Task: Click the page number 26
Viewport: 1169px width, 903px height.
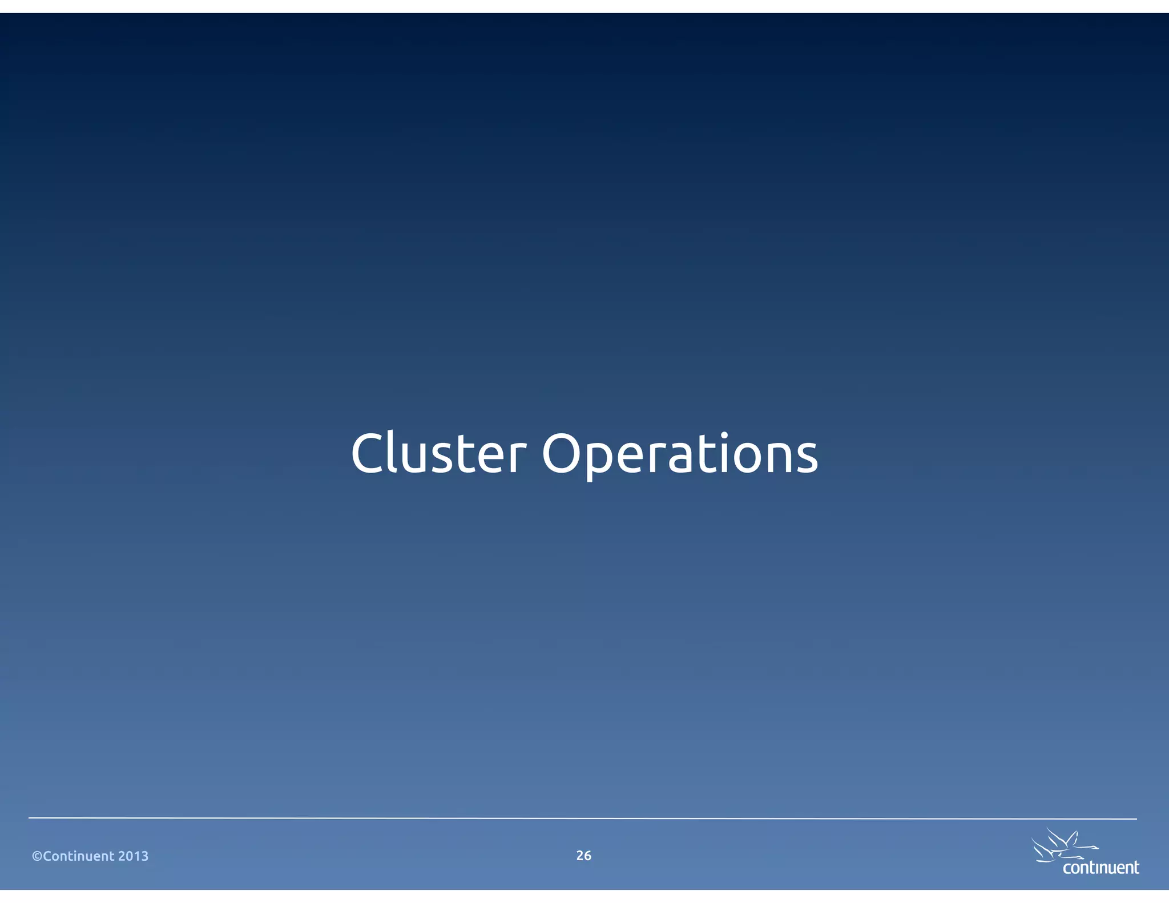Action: click(x=583, y=856)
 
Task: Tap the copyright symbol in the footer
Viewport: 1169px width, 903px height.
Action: click(x=37, y=856)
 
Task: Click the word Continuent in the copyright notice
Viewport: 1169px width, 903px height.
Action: click(x=79, y=856)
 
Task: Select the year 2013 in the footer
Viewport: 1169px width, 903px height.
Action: click(x=133, y=856)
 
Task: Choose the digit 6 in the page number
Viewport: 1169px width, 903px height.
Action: click(x=587, y=856)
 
